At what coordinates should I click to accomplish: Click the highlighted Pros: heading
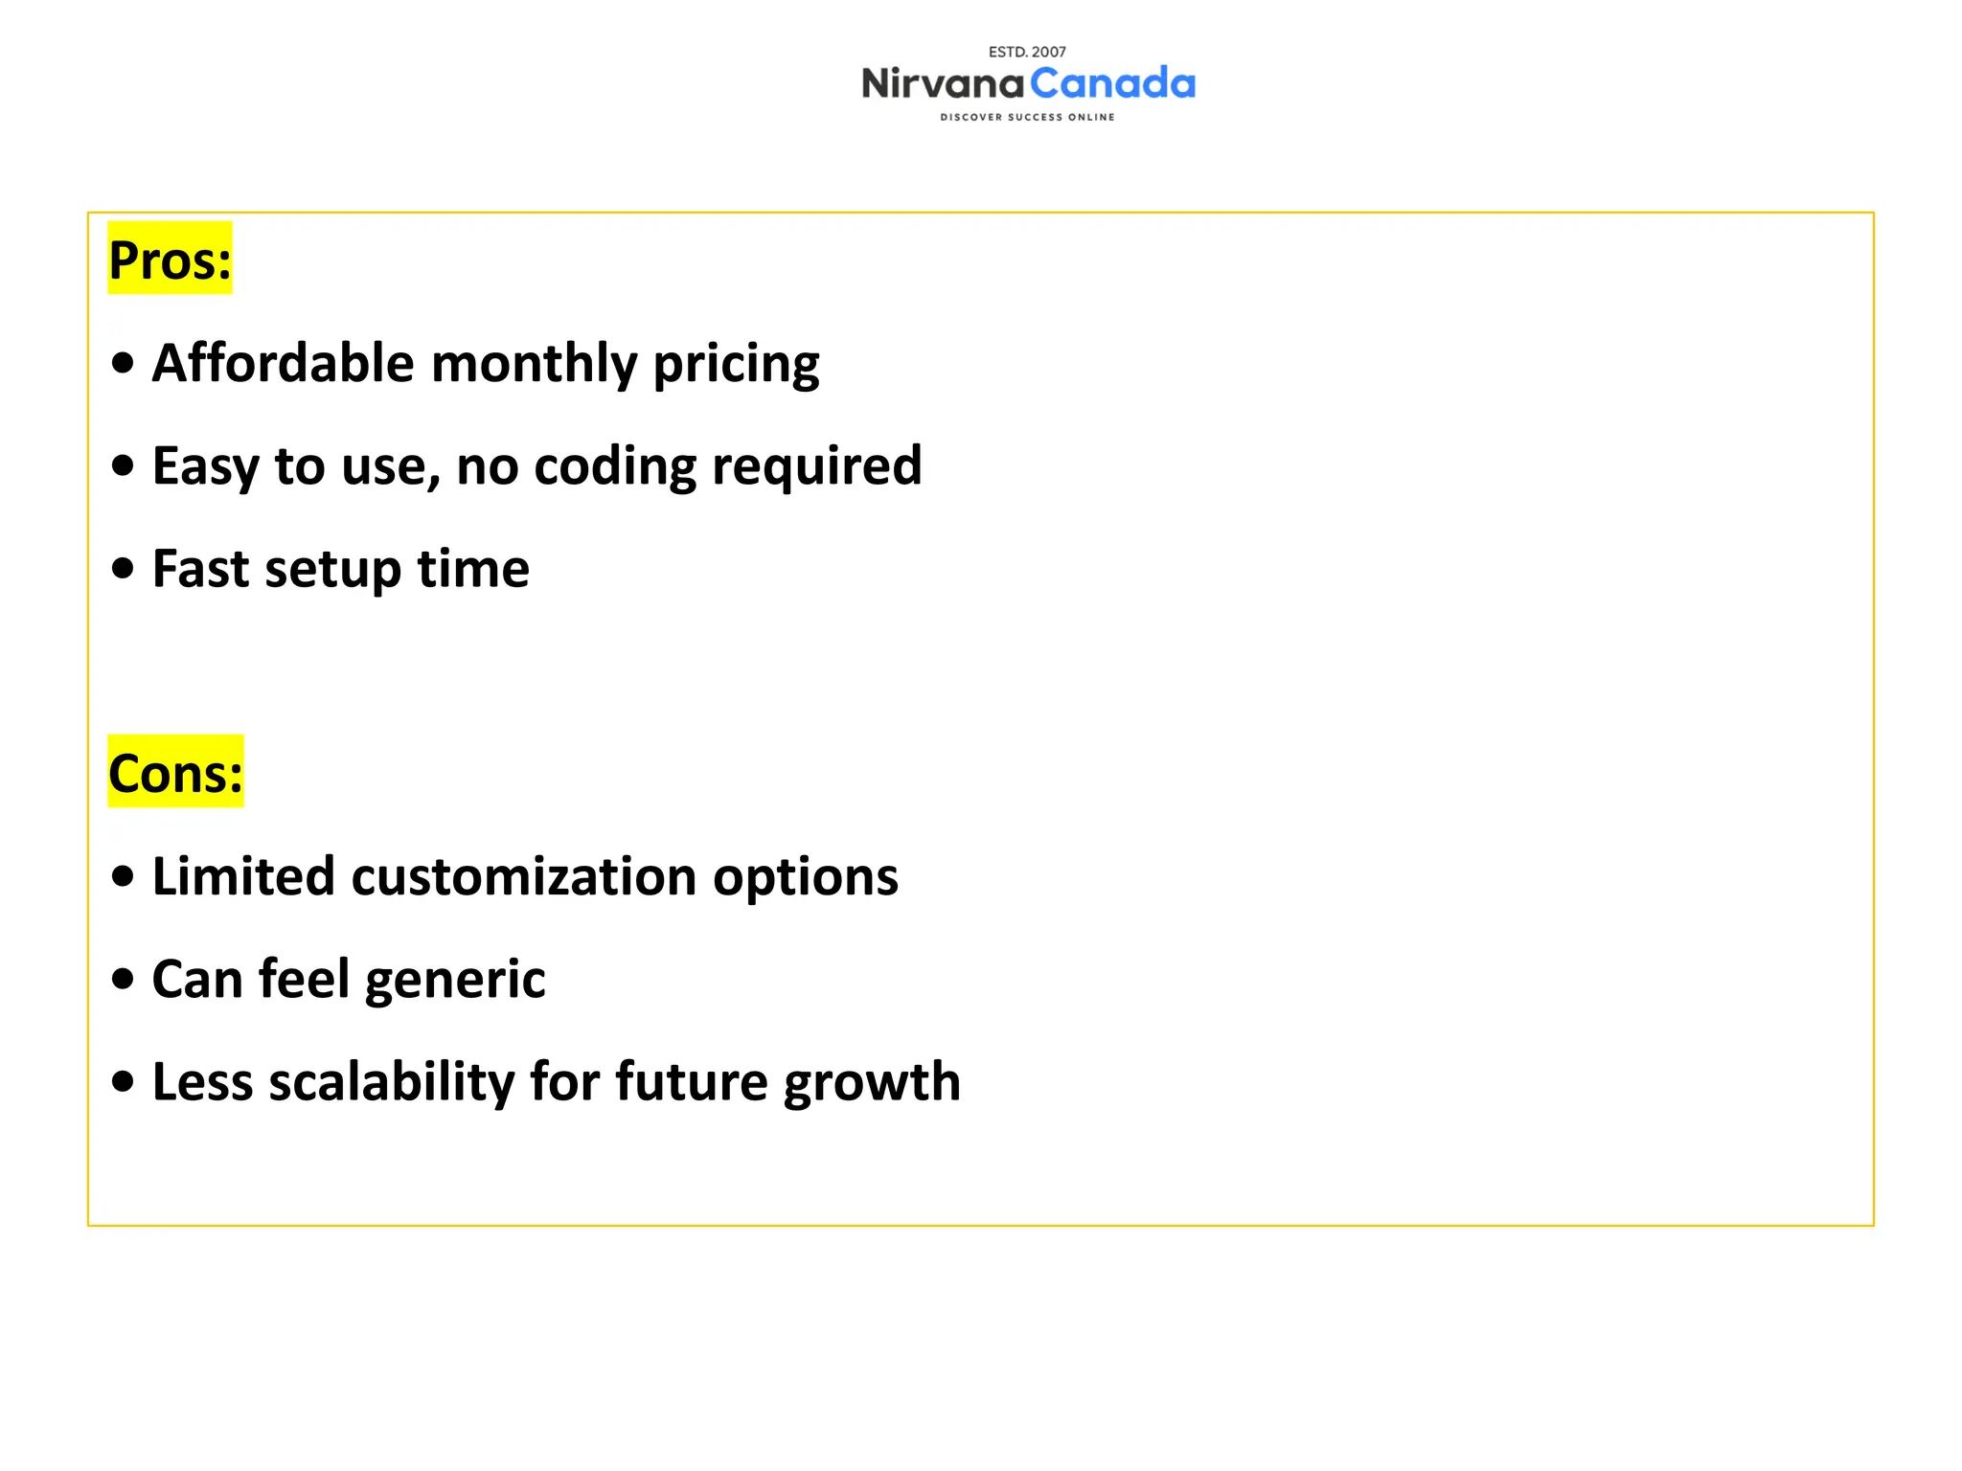pos(170,260)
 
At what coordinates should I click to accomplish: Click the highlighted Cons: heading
pos(175,772)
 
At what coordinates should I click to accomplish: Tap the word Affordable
pos(283,363)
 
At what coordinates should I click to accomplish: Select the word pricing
pos(736,366)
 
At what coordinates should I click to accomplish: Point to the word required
pos(816,467)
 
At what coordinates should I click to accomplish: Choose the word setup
pos(332,571)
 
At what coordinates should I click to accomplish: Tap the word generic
pos(455,981)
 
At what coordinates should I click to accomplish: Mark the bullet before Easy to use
pos(123,466)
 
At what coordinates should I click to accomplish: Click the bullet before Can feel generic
pos(123,980)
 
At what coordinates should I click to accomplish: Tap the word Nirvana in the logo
pos(943,84)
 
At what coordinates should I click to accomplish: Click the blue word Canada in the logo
pos(1113,84)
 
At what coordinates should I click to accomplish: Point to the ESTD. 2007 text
pos(1027,52)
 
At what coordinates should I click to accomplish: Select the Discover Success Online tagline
pos(1027,117)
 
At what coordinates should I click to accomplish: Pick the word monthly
pos(534,365)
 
